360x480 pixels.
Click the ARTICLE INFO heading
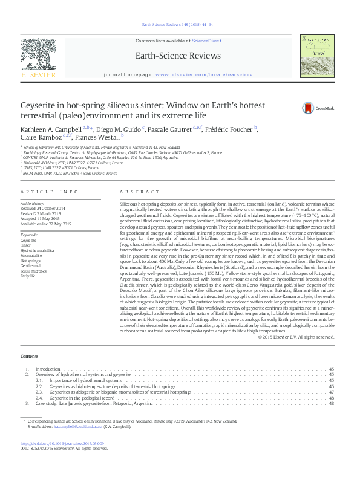tap(50, 192)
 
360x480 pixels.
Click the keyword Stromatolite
tap(33, 256)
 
